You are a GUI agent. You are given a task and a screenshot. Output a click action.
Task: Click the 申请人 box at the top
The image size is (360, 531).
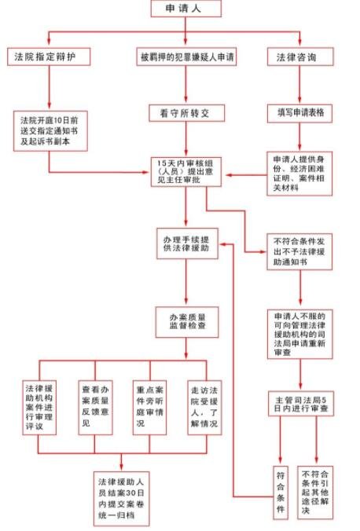click(x=186, y=9)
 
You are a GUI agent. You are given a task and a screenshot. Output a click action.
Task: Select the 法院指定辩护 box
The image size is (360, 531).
click(x=49, y=57)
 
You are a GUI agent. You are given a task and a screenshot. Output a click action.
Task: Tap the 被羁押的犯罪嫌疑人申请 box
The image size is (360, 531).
click(x=186, y=57)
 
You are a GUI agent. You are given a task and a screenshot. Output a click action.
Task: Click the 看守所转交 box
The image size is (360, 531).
click(x=186, y=112)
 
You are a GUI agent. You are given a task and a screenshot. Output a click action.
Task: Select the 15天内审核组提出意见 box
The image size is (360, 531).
click(x=186, y=173)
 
